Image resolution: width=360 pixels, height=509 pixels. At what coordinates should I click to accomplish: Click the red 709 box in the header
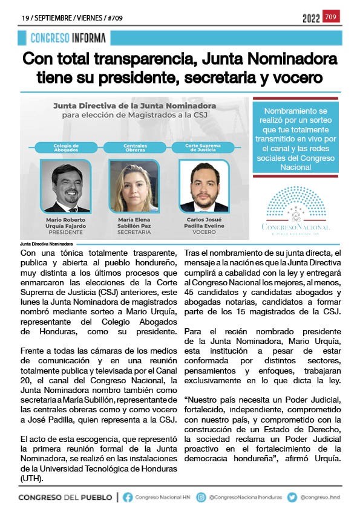tap(332, 16)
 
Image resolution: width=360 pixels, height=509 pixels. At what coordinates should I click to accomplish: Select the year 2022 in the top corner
tap(311, 19)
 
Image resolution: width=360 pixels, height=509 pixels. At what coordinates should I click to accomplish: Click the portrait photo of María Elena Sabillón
tap(129, 186)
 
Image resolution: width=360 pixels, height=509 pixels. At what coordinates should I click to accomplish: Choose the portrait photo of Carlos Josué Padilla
tap(204, 186)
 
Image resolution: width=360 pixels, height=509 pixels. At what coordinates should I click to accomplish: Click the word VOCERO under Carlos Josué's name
tap(204, 232)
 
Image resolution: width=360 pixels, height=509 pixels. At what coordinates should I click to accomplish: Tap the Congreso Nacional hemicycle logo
tap(296, 209)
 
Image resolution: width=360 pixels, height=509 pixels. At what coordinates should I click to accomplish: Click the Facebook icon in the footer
tap(128, 497)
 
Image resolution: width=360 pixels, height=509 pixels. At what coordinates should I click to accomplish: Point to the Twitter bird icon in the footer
tap(292, 497)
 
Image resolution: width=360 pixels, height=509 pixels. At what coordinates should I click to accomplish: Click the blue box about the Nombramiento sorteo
tap(296, 138)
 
